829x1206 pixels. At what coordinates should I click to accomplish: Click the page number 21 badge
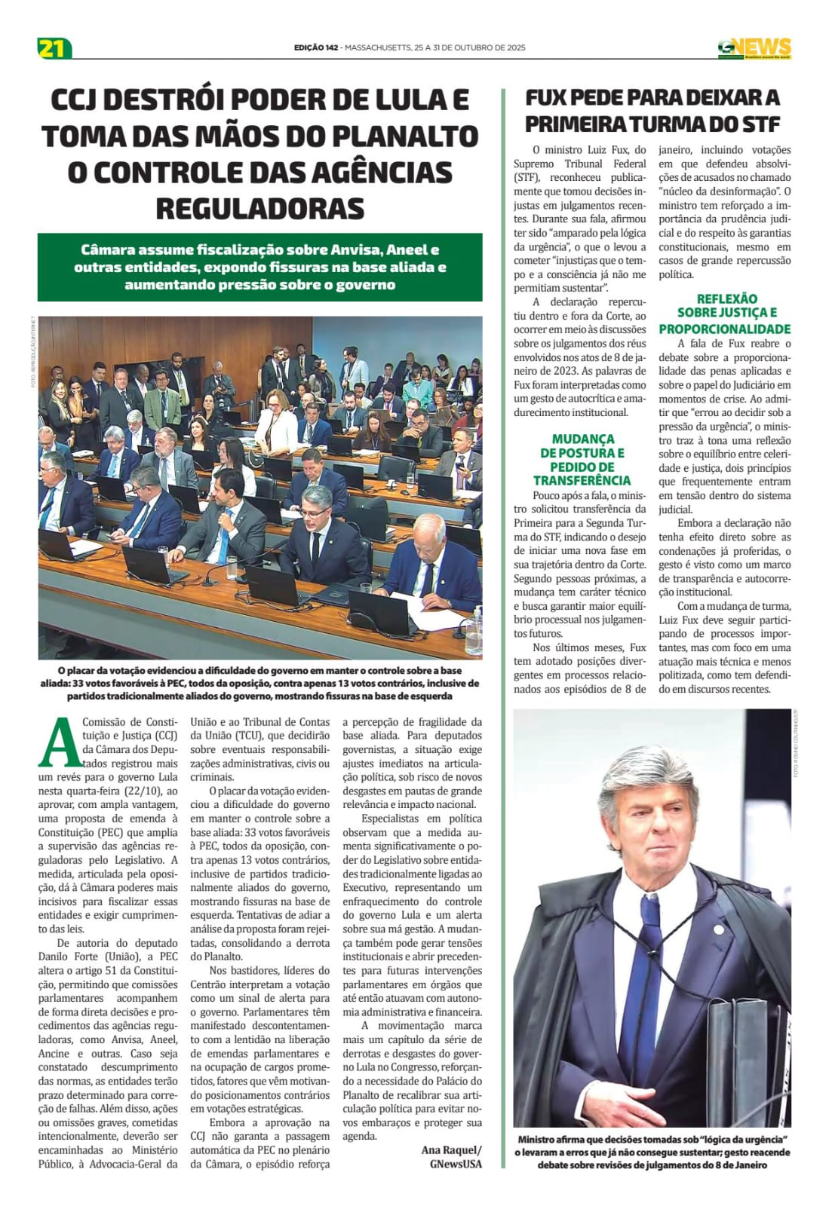(x=53, y=48)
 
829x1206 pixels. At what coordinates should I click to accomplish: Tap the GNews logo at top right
(x=754, y=48)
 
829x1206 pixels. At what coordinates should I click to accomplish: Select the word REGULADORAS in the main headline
(x=259, y=208)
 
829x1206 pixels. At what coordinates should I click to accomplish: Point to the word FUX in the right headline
(x=553, y=97)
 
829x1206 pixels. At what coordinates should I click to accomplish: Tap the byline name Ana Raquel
(x=450, y=1149)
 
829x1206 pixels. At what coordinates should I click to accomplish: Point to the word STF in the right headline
(x=757, y=124)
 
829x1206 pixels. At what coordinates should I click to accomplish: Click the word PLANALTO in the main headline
(x=406, y=136)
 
